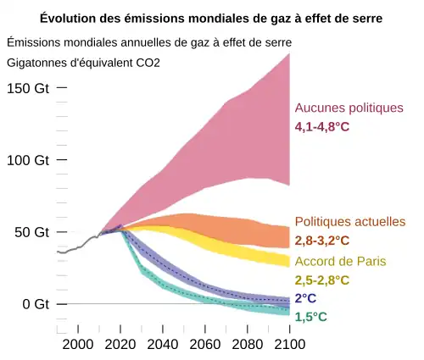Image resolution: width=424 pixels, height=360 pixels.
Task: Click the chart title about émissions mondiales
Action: (x=211, y=18)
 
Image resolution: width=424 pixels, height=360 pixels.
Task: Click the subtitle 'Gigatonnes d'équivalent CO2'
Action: (x=83, y=63)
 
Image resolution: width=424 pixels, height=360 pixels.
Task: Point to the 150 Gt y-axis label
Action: (x=28, y=89)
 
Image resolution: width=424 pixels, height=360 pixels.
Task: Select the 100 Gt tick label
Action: (x=28, y=161)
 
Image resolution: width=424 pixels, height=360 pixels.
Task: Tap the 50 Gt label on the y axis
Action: (x=31, y=232)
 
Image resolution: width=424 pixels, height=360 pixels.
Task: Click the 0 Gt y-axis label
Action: (x=35, y=304)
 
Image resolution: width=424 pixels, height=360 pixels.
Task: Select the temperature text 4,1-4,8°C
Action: (x=322, y=127)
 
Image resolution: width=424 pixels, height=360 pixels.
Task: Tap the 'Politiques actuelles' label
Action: (x=350, y=222)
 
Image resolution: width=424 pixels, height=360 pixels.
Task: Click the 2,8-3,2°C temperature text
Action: (x=322, y=241)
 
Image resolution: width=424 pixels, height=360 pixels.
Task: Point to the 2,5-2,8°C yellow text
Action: (x=322, y=280)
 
